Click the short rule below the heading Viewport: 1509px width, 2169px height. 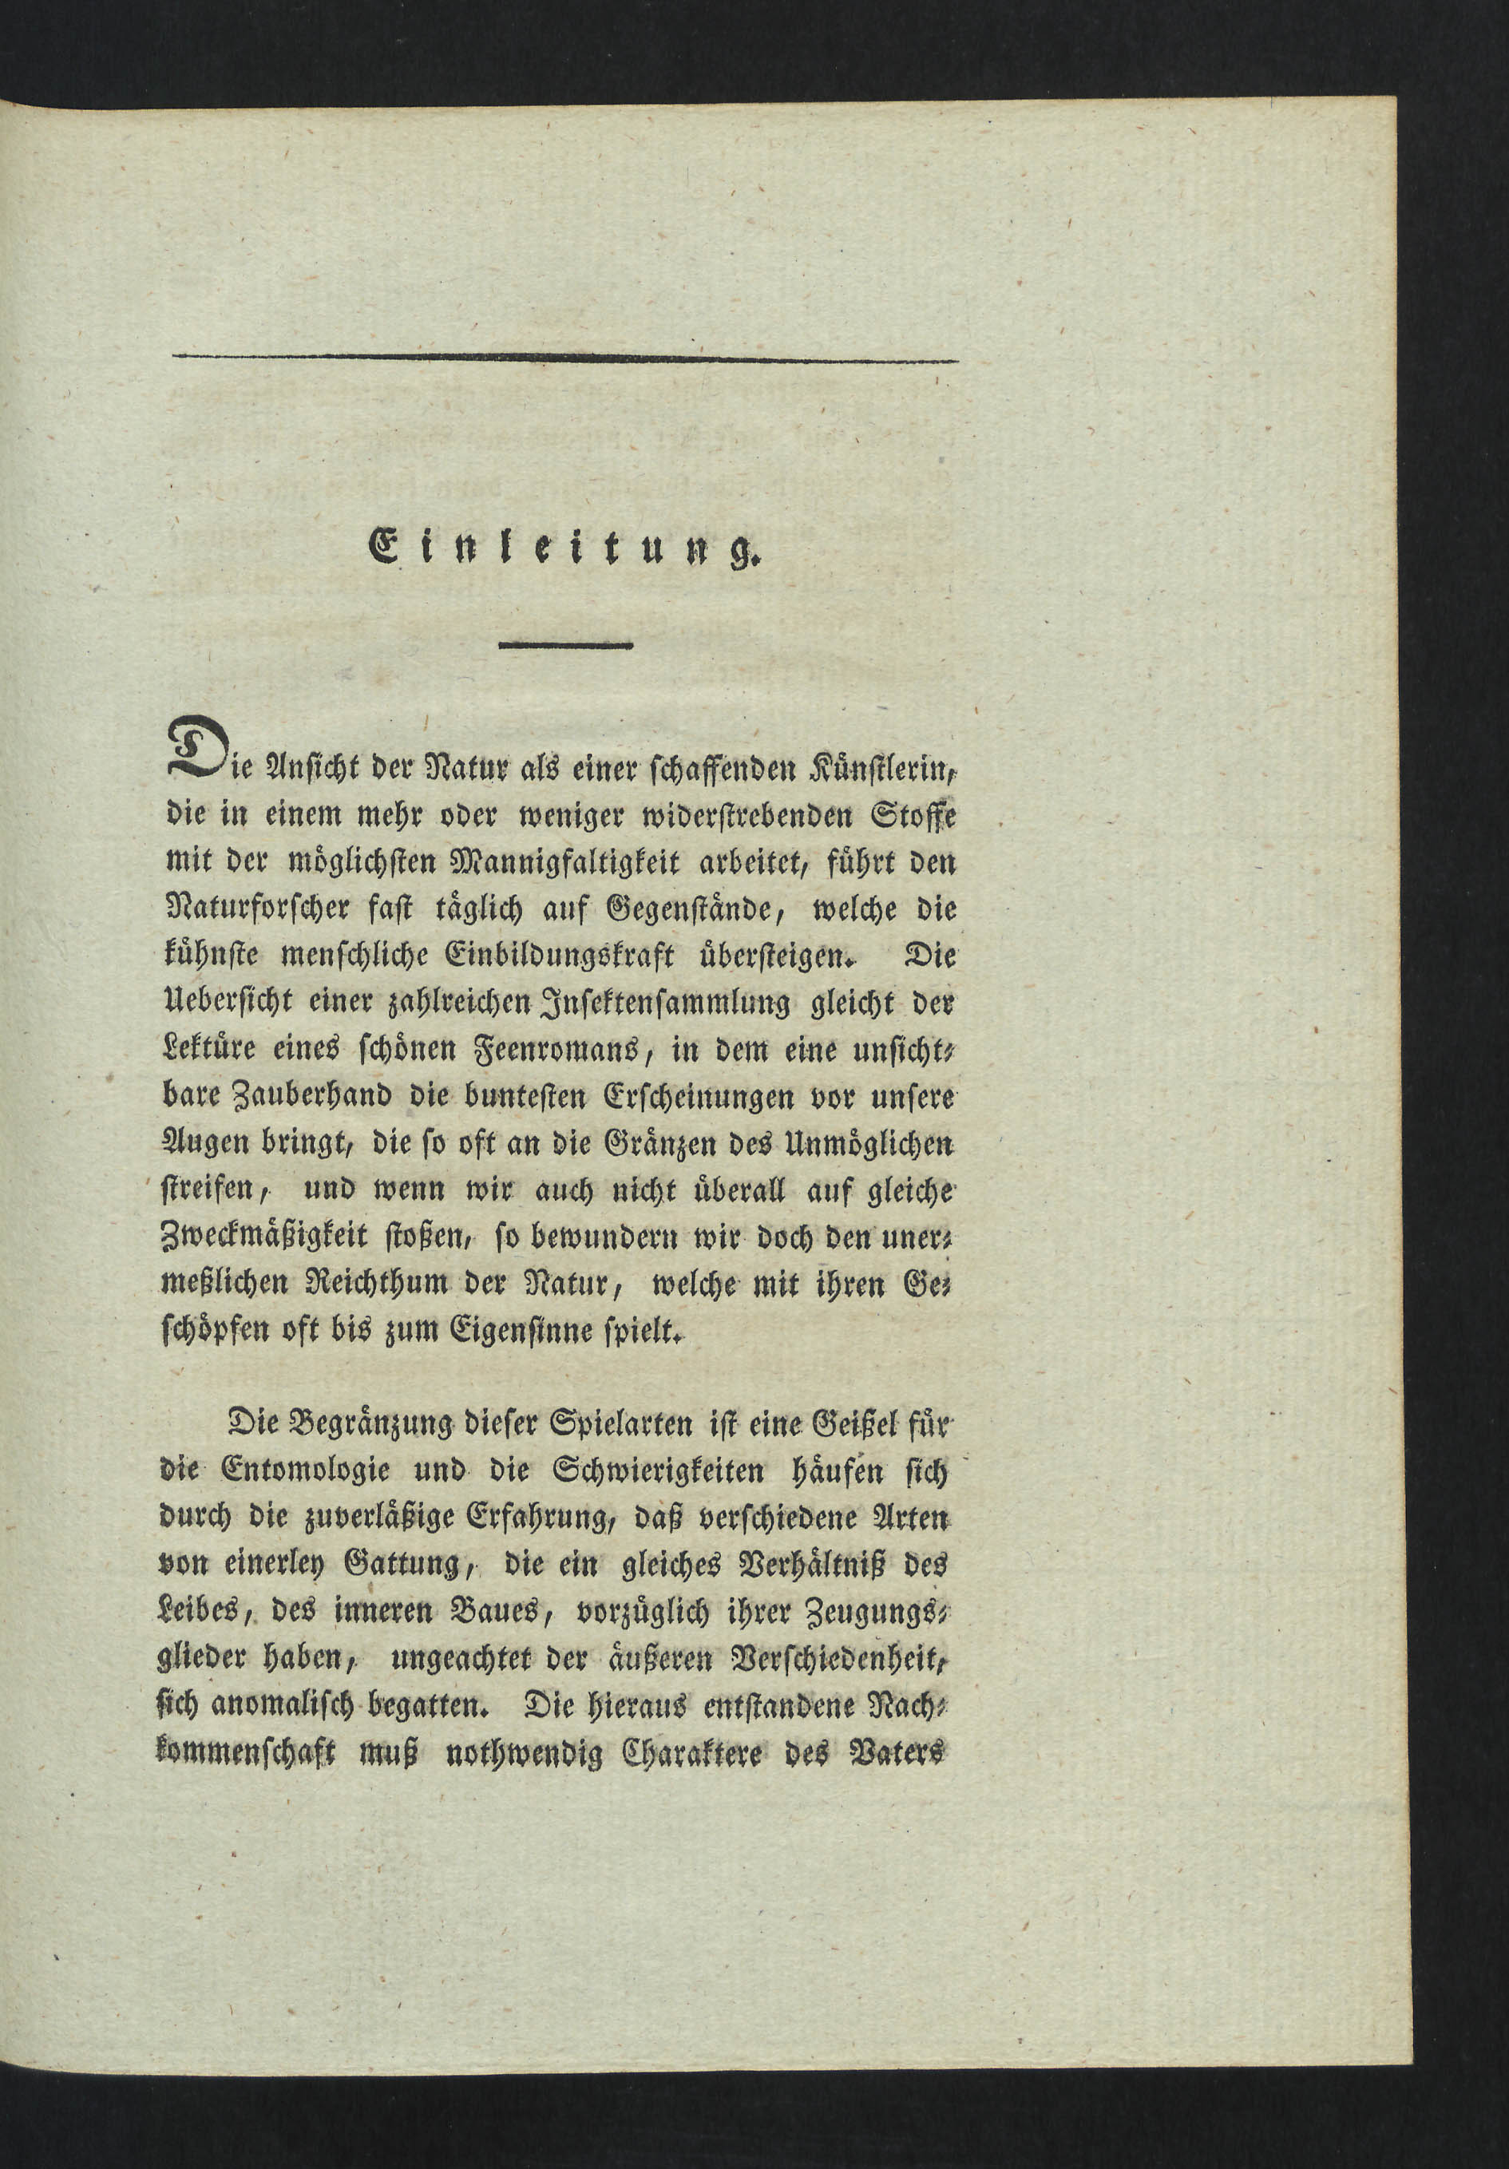coord(565,646)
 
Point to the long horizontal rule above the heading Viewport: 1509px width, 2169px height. coord(565,358)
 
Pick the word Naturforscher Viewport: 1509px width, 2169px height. coord(256,910)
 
